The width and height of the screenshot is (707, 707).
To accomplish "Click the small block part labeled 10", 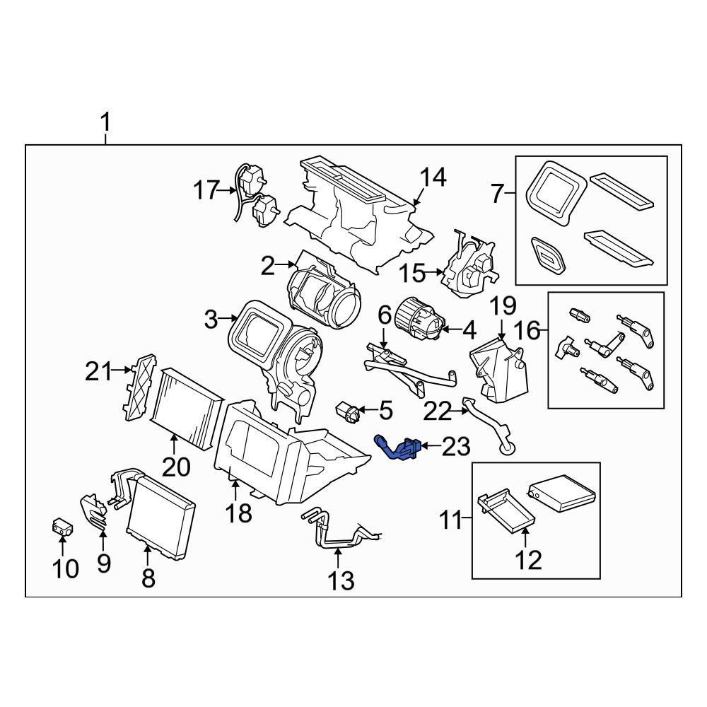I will pyautogui.click(x=63, y=526).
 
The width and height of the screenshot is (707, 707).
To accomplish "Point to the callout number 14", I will pyautogui.click(x=434, y=178).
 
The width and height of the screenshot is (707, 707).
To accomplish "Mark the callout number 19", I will pyautogui.click(x=504, y=306).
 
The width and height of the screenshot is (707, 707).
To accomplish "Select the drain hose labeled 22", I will pyautogui.click(x=488, y=424).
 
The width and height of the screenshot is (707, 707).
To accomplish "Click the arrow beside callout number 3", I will pyautogui.click(x=230, y=320).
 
